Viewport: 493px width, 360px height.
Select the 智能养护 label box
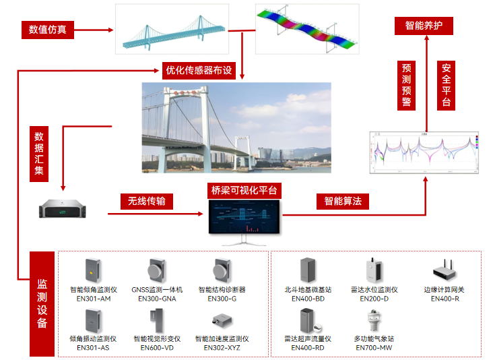point(424,26)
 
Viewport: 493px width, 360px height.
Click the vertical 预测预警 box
point(407,85)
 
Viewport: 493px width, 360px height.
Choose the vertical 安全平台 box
point(446,85)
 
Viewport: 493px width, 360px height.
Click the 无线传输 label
point(146,201)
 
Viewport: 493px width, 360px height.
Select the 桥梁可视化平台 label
point(243,191)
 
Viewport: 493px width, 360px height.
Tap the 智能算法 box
point(342,201)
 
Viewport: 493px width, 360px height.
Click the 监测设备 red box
point(42,304)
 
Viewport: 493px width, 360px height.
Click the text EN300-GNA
point(157,298)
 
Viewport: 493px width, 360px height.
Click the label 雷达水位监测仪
point(374,290)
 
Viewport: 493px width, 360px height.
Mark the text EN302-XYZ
point(222,347)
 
